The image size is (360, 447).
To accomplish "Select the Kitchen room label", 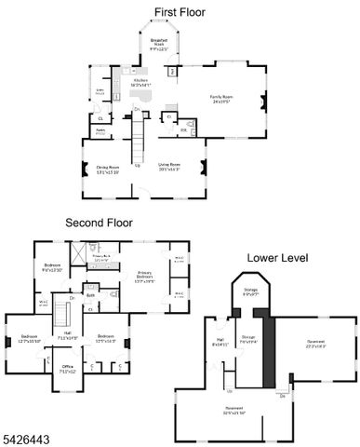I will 140,82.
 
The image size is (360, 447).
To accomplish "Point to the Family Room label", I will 220,98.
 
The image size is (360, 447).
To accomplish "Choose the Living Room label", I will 168,166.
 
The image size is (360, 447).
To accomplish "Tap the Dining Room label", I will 110,169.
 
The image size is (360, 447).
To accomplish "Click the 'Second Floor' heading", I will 98,223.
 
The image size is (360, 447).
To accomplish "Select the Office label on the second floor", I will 68,368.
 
